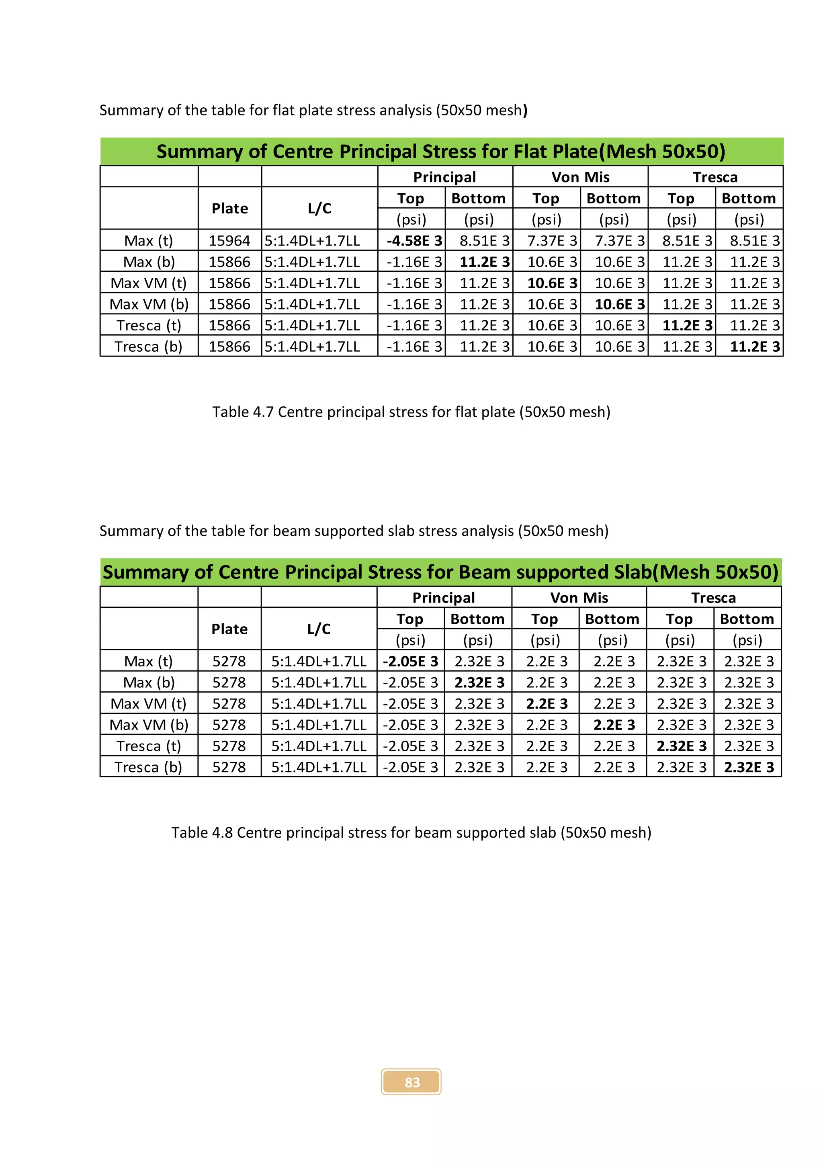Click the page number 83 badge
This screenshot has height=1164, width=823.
pos(411,1082)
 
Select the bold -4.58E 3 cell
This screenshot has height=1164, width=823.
pos(414,241)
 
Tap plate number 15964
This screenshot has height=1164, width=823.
pos(229,241)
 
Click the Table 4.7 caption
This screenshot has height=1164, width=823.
pos(411,412)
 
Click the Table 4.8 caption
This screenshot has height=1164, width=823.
pos(411,832)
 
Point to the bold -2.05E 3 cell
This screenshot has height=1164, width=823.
pos(410,662)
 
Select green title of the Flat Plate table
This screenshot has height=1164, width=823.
pos(441,152)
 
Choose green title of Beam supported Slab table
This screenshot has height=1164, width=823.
pos(440,572)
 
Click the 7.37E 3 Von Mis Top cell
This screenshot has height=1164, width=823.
pos(552,241)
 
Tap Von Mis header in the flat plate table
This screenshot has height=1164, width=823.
pos(580,177)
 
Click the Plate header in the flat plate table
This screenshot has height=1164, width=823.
pos(229,208)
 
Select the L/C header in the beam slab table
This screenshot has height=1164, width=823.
pos(319,629)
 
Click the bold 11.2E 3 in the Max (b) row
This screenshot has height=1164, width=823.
pos(484,262)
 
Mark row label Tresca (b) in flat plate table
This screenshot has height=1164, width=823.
pos(148,347)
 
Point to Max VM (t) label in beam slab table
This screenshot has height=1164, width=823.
pos(148,704)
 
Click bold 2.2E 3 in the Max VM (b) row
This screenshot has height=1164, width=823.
pos(614,725)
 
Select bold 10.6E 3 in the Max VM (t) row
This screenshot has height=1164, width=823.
pos(552,283)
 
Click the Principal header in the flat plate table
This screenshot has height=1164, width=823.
pos(444,177)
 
